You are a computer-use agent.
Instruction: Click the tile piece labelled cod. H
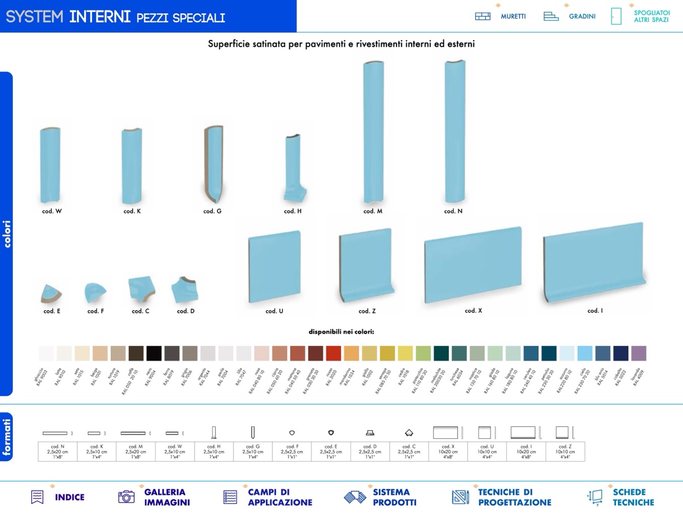(x=293, y=168)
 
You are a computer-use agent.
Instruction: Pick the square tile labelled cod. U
(x=275, y=267)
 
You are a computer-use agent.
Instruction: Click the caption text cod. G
(x=212, y=211)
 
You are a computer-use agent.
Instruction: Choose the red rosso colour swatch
(x=334, y=353)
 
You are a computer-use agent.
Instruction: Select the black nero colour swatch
(x=154, y=353)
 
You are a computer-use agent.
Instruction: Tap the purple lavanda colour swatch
(x=639, y=353)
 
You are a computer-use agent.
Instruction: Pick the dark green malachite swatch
(x=441, y=353)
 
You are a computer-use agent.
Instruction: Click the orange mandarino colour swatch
(x=351, y=353)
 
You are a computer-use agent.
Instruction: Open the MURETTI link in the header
(x=513, y=17)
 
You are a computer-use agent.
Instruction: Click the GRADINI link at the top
(x=582, y=17)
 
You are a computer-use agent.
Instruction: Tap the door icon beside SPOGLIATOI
(x=616, y=16)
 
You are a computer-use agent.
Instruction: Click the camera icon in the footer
(x=126, y=497)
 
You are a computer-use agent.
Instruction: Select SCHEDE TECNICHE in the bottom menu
(x=633, y=497)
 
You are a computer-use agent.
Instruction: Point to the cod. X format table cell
(x=448, y=451)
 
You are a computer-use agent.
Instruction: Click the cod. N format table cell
(x=57, y=451)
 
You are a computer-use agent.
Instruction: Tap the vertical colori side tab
(x=7, y=234)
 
